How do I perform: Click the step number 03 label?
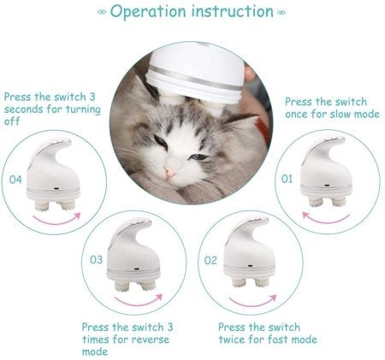97,259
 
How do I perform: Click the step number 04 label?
15,180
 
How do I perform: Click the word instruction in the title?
233,13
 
